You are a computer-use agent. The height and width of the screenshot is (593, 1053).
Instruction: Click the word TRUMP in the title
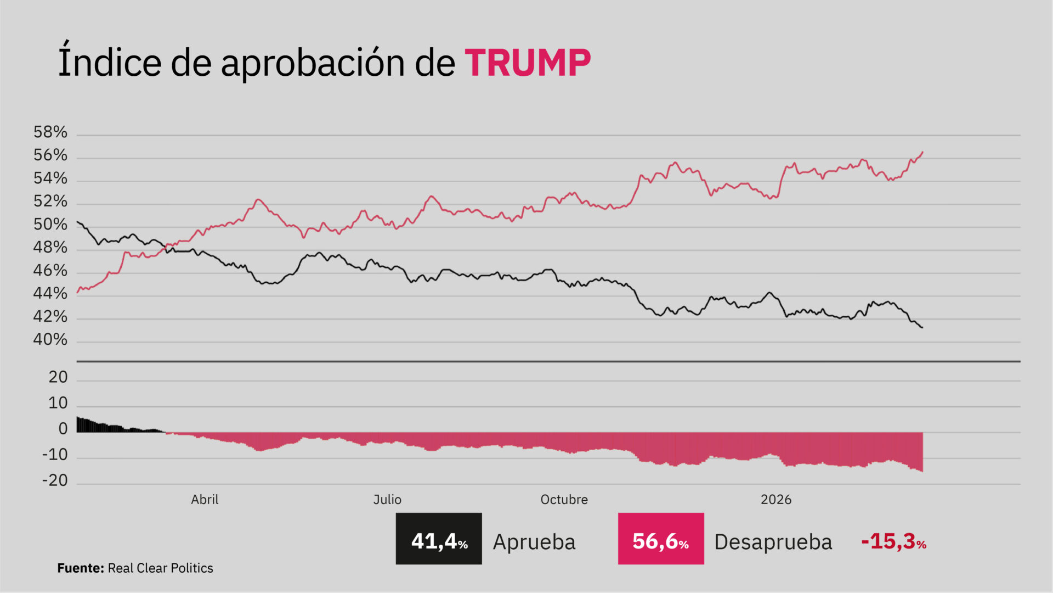(528, 63)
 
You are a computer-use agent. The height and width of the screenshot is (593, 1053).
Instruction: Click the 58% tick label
(50, 132)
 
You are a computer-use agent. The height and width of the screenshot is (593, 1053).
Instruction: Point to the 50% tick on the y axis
(50, 225)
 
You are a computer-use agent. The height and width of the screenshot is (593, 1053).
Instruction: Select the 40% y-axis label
(50, 340)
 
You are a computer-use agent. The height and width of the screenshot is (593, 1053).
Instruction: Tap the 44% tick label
(50, 294)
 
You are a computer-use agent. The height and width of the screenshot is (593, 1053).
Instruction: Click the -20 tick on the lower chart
(55, 480)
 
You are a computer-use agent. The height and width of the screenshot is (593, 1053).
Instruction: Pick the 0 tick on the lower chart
(63, 429)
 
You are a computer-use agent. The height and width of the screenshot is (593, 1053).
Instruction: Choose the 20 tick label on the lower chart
(58, 377)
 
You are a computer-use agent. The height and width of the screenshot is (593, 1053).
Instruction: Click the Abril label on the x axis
(205, 500)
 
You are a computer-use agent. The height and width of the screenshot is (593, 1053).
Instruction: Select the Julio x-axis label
(387, 500)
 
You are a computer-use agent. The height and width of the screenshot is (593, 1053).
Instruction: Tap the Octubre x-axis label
(564, 500)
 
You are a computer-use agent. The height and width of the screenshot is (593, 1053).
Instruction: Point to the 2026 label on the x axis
(776, 500)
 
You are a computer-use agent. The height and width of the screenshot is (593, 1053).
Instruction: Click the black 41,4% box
(439, 539)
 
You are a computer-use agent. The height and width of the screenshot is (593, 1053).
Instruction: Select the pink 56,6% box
(661, 539)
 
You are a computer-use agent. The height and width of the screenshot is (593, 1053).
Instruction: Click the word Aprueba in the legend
(534, 542)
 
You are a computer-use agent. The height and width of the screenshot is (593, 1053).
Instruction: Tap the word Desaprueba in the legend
(773, 542)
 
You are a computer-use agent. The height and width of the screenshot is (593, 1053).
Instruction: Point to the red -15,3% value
(893, 541)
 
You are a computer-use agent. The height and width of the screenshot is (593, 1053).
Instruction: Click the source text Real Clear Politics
(160, 568)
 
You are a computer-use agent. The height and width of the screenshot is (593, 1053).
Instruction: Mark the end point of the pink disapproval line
(923, 152)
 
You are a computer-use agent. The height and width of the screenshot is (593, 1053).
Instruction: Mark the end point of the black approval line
(922, 328)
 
